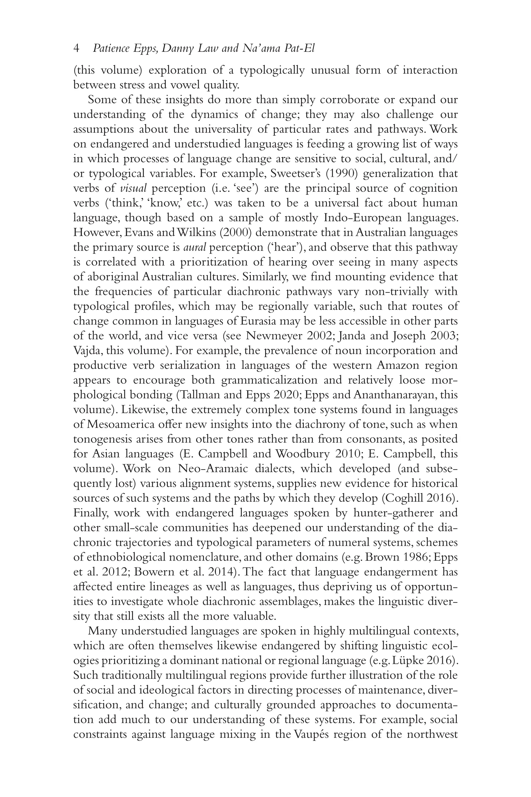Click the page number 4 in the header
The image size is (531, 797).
click(76, 49)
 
